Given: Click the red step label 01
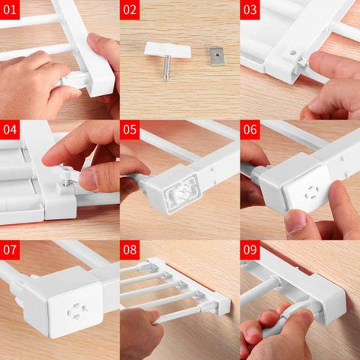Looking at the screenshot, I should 10,10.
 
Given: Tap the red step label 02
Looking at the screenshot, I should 130,10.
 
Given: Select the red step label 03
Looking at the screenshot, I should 250,10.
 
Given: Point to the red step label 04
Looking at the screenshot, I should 10,130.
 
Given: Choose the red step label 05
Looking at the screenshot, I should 130,130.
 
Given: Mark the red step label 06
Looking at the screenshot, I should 250,130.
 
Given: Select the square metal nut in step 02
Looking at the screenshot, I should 217,55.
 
